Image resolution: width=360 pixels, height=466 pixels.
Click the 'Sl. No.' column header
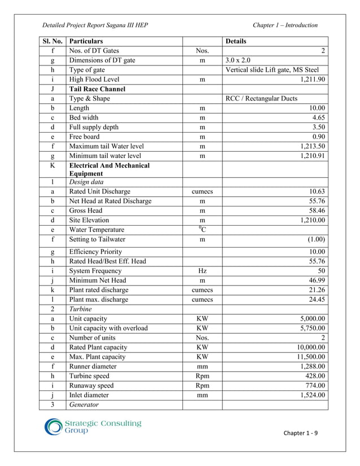pyautogui.click(x=52, y=41)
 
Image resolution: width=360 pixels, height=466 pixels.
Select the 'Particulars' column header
pyautogui.click(x=86, y=41)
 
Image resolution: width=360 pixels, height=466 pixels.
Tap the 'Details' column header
pyautogui.click(x=236, y=41)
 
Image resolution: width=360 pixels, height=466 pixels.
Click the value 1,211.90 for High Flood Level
pyautogui.click(x=313, y=80)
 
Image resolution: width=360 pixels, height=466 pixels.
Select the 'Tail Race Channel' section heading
pyautogui.click(x=97, y=89)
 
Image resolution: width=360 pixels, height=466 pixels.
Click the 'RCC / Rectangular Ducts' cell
pyautogui.click(x=261, y=99)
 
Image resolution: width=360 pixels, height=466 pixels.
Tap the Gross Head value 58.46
pyautogui.click(x=317, y=210)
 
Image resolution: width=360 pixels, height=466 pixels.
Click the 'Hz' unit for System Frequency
pyautogui.click(x=202, y=271)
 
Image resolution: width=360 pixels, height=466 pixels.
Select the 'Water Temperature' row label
pyautogui.click(x=96, y=230)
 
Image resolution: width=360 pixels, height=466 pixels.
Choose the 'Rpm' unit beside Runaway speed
pyautogui.click(x=202, y=386)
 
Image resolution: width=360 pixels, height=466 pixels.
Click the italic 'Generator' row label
pyautogui.click(x=84, y=405)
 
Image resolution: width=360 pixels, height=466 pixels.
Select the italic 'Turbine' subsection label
pyautogui.click(x=81, y=309)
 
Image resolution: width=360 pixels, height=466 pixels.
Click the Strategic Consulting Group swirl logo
pyautogui.click(x=54, y=427)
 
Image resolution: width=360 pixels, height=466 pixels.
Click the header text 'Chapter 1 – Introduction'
pyautogui.click(x=285, y=25)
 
